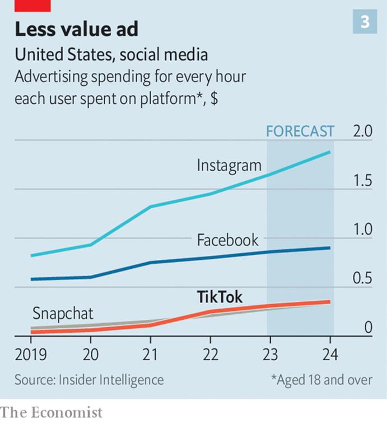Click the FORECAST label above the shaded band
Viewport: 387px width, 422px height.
(300, 131)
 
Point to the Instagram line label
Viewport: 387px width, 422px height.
(229, 166)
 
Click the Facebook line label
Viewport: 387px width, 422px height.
(228, 240)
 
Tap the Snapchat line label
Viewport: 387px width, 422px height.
(63, 313)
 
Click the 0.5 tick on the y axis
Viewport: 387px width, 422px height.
(363, 279)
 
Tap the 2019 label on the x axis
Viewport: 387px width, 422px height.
(31, 355)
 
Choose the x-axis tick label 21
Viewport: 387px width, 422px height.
(150, 355)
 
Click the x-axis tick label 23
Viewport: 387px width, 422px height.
(270, 355)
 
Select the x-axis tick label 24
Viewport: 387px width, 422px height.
(330, 355)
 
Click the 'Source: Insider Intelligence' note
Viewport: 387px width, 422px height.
(90, 380)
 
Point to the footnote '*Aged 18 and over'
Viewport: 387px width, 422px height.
(321, 380)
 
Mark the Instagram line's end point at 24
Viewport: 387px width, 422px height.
(329, 152)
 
